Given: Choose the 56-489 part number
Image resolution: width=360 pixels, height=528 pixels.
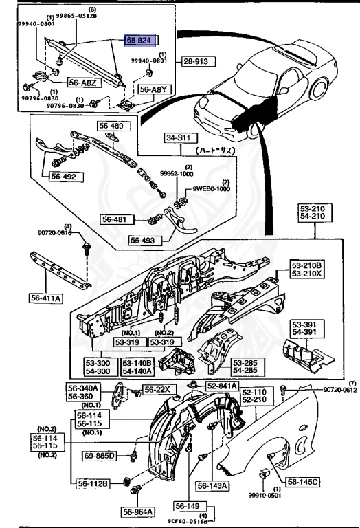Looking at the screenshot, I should point(111,126).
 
